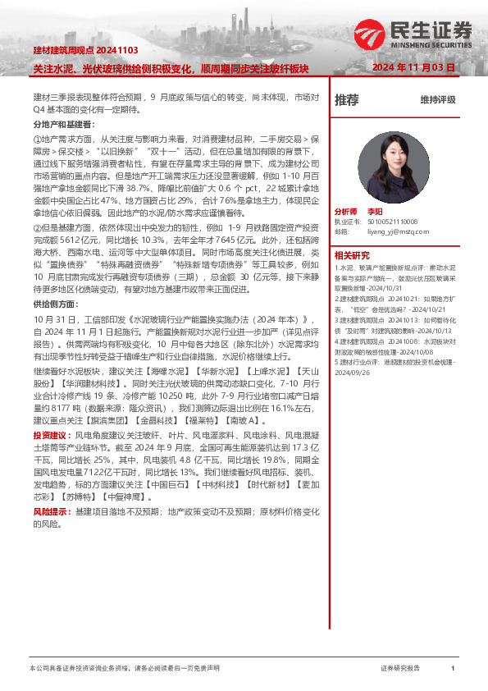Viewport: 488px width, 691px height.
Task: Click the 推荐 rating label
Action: pyautogui.click(x=347, y=100)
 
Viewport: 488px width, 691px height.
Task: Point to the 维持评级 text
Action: pyautogui.click(x=438, y=100)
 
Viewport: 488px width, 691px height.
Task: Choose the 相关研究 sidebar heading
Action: pyautogui.click(x=352, y=255)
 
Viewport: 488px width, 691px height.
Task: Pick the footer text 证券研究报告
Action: pyautogui.click(x=400, y=669)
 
